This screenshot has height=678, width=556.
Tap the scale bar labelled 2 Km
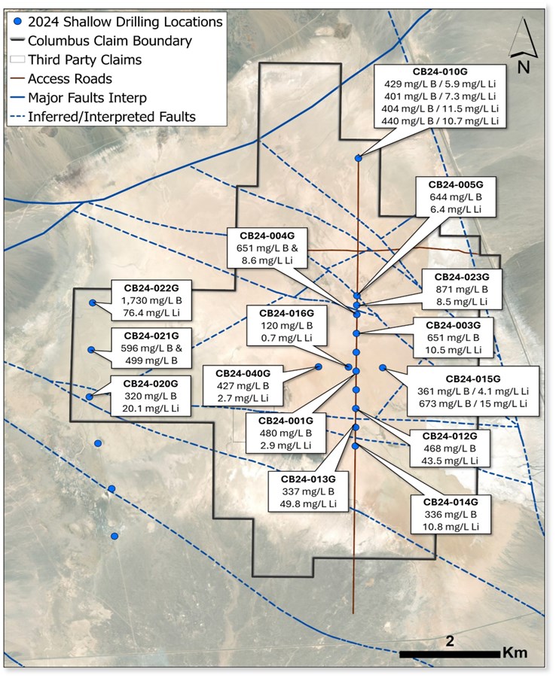pos(450,652)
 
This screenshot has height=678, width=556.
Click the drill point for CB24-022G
pos(93,303)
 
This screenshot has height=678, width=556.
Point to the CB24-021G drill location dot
pos(91,350)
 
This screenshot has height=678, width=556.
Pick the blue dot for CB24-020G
pos(90,396)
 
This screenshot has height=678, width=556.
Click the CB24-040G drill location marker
pos(319,366)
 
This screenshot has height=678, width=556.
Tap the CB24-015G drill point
pos(383,367)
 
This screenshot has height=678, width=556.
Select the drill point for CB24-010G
pos(359,158)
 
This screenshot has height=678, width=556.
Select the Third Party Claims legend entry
pos(79,59)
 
